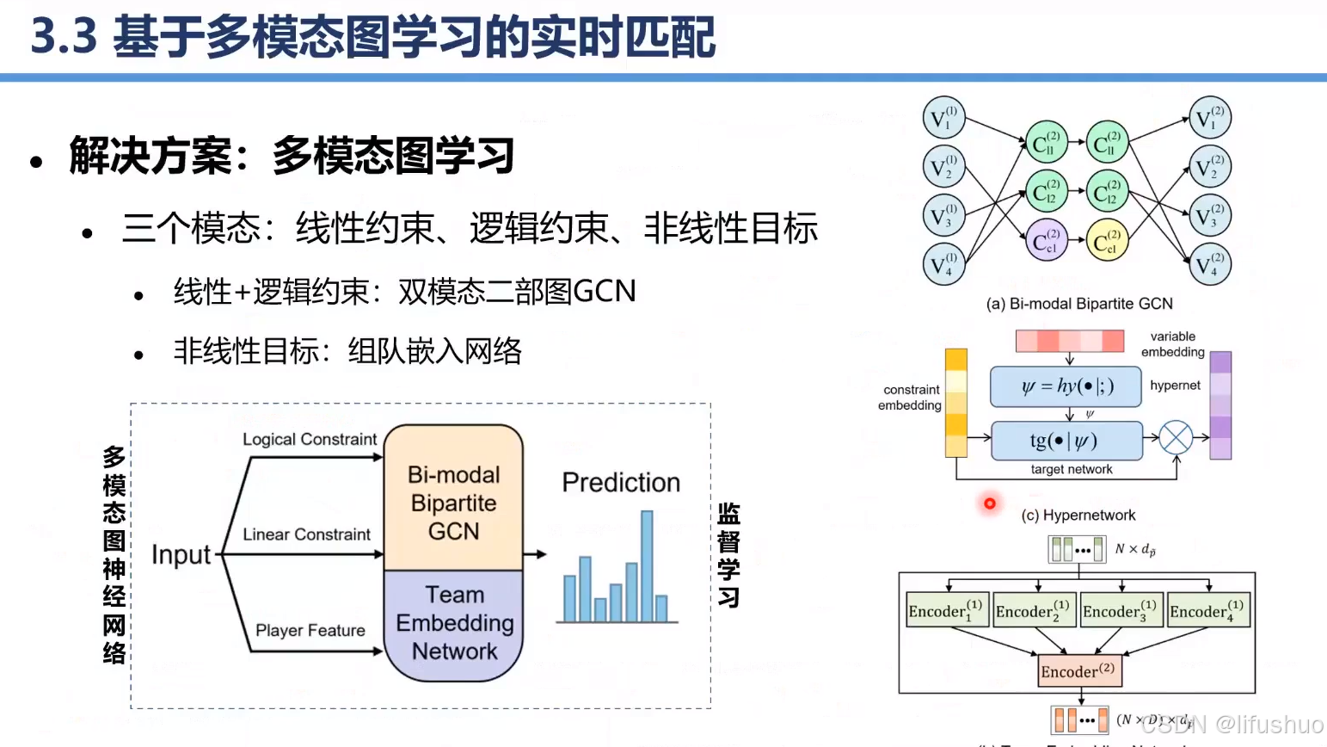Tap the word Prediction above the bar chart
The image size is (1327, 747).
click(621, 483)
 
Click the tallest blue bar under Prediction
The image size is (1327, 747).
click(647, 565)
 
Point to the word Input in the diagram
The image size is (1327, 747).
click(181, 555)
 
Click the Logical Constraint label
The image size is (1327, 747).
click(310, 440)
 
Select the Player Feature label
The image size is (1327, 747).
click(310, 631)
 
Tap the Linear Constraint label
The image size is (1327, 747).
click(306, 534)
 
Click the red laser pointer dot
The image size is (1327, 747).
click(990, 503)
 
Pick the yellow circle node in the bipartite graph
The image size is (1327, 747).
click(1107, 241)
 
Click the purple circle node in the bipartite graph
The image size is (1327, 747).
click(1046, 241)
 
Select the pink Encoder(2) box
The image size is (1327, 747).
click(1078, 671)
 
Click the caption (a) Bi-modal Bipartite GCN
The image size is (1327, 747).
click(1079, 304)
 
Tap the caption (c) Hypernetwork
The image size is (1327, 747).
click(1078, 515)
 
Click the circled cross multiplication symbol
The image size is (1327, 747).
click(1176, 438)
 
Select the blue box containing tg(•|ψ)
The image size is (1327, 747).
click(1066, 441)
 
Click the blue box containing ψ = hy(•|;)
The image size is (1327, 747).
click(1066, 386)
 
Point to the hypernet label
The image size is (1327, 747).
click(1175, 386)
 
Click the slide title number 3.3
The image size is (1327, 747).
click(64, 37)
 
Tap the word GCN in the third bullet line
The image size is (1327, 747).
click(605, 292)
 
